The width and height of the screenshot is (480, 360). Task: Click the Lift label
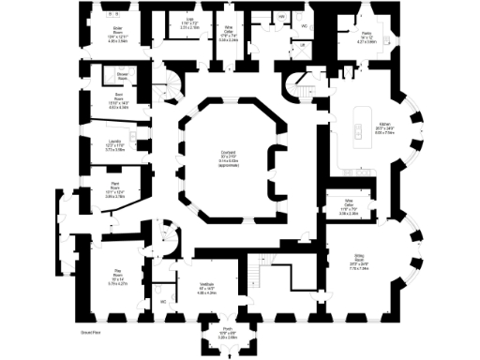[x=302, y=45]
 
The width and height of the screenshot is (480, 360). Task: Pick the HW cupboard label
[x=282, y=17]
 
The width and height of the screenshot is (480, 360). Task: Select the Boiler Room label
[x=118, y=30]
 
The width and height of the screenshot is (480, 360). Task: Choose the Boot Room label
[x=117, y=97]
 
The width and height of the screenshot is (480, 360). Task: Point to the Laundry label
[x=114, y=142]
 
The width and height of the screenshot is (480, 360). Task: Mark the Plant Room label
[x=114, y=184]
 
